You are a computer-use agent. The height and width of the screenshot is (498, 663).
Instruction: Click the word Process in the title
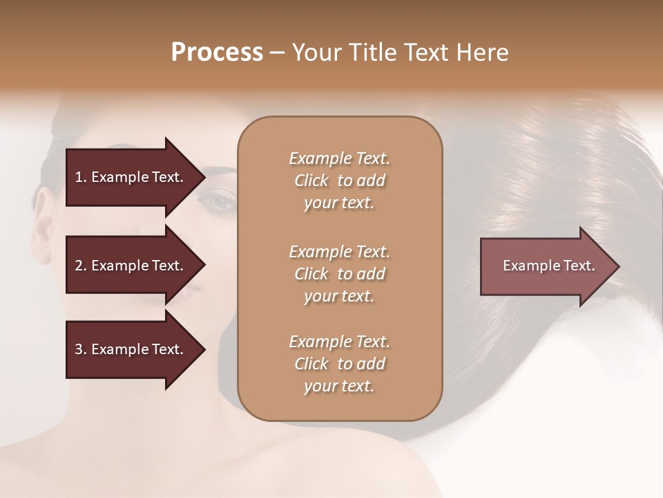click(217, 53)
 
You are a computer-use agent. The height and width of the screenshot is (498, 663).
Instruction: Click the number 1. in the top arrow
click(81, 177)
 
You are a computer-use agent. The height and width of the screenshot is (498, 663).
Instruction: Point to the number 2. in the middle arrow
click(81, 266)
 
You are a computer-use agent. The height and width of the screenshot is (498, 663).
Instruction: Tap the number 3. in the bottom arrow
click(81, 349)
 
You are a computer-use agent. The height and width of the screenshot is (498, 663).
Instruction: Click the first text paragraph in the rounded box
click(339, 181)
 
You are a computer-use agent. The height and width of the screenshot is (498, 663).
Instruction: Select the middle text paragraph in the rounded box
click(339, 274)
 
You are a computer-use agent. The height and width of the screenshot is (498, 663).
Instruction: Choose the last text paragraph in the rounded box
click(339, 364)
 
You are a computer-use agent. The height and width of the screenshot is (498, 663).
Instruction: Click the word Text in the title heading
click(424, 53)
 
